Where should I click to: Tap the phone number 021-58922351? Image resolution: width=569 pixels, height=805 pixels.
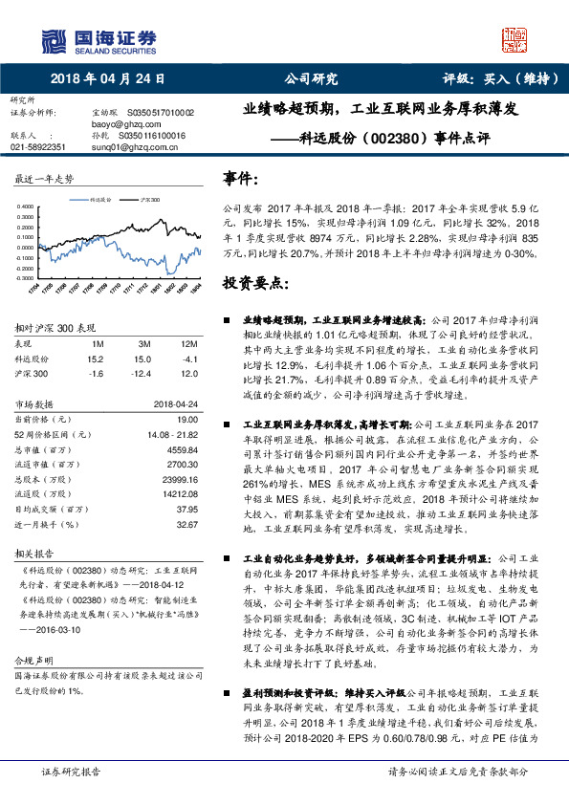[38, 147]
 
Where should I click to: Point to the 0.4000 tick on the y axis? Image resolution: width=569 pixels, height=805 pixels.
[29, 207]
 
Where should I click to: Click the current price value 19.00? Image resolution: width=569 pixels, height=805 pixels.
[187, 419]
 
